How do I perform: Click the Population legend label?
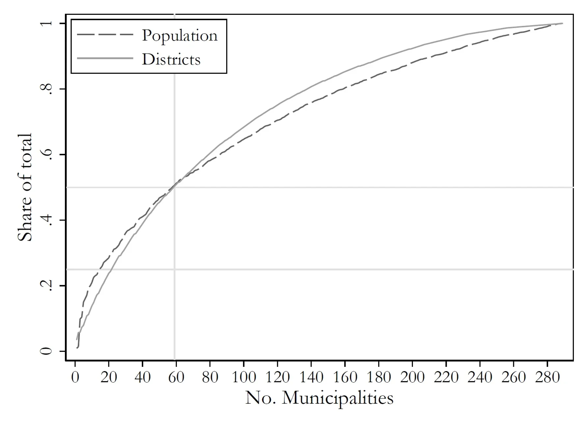click(179, 36)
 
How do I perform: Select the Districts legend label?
click(171, 60)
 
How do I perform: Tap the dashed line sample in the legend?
click(105, 35)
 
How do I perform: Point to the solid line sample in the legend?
click(105, 59)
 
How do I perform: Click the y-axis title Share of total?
click(25, 187)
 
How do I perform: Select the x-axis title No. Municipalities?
click(319, 398)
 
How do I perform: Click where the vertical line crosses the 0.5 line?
click(174, 187)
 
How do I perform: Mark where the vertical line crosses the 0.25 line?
click(174, 269)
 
